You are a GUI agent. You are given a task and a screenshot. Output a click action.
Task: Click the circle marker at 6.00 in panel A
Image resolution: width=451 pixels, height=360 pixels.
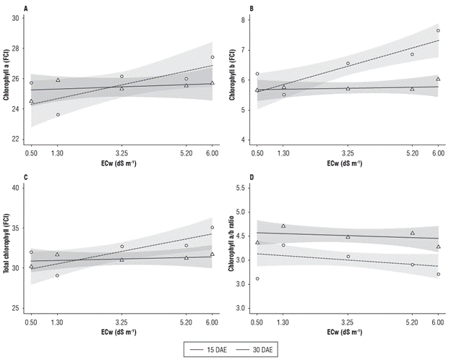click(212, 57)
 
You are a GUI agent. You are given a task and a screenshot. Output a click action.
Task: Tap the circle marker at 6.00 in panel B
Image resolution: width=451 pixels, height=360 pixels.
click(438, 30)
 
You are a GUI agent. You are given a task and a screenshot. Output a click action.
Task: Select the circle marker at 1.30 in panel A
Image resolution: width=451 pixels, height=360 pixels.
click(58, 114)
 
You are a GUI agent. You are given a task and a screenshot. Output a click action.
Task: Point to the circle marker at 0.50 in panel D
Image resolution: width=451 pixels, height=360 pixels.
click(257, 278)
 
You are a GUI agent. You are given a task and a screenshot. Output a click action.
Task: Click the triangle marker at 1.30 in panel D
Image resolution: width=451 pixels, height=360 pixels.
click(283, 226)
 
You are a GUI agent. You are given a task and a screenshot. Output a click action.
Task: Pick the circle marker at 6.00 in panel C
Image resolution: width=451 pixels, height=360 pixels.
click(212, 227)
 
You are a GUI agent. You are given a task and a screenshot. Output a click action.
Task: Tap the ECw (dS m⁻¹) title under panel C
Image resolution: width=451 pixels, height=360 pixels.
click(121, 332)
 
